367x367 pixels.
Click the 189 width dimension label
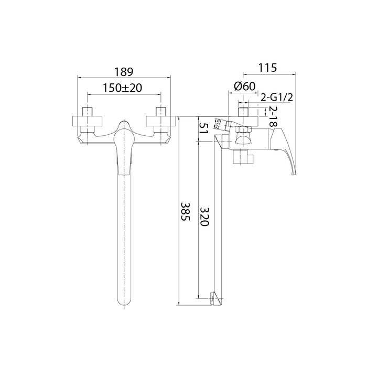(124, 72)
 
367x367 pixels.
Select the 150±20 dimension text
(123, 88)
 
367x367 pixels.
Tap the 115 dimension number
(267, 68)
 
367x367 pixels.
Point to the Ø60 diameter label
(245, 86)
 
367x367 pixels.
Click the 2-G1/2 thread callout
(277, 97)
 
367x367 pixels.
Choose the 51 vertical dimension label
(203, 128)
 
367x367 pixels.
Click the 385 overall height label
(186, 211)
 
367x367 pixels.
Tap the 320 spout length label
(204, 217)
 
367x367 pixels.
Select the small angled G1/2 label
(217, 124)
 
